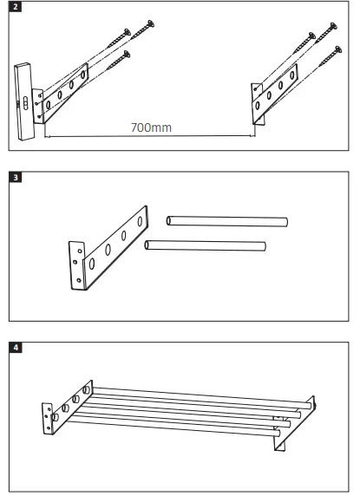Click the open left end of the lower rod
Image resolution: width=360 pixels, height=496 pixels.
[149, 246]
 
